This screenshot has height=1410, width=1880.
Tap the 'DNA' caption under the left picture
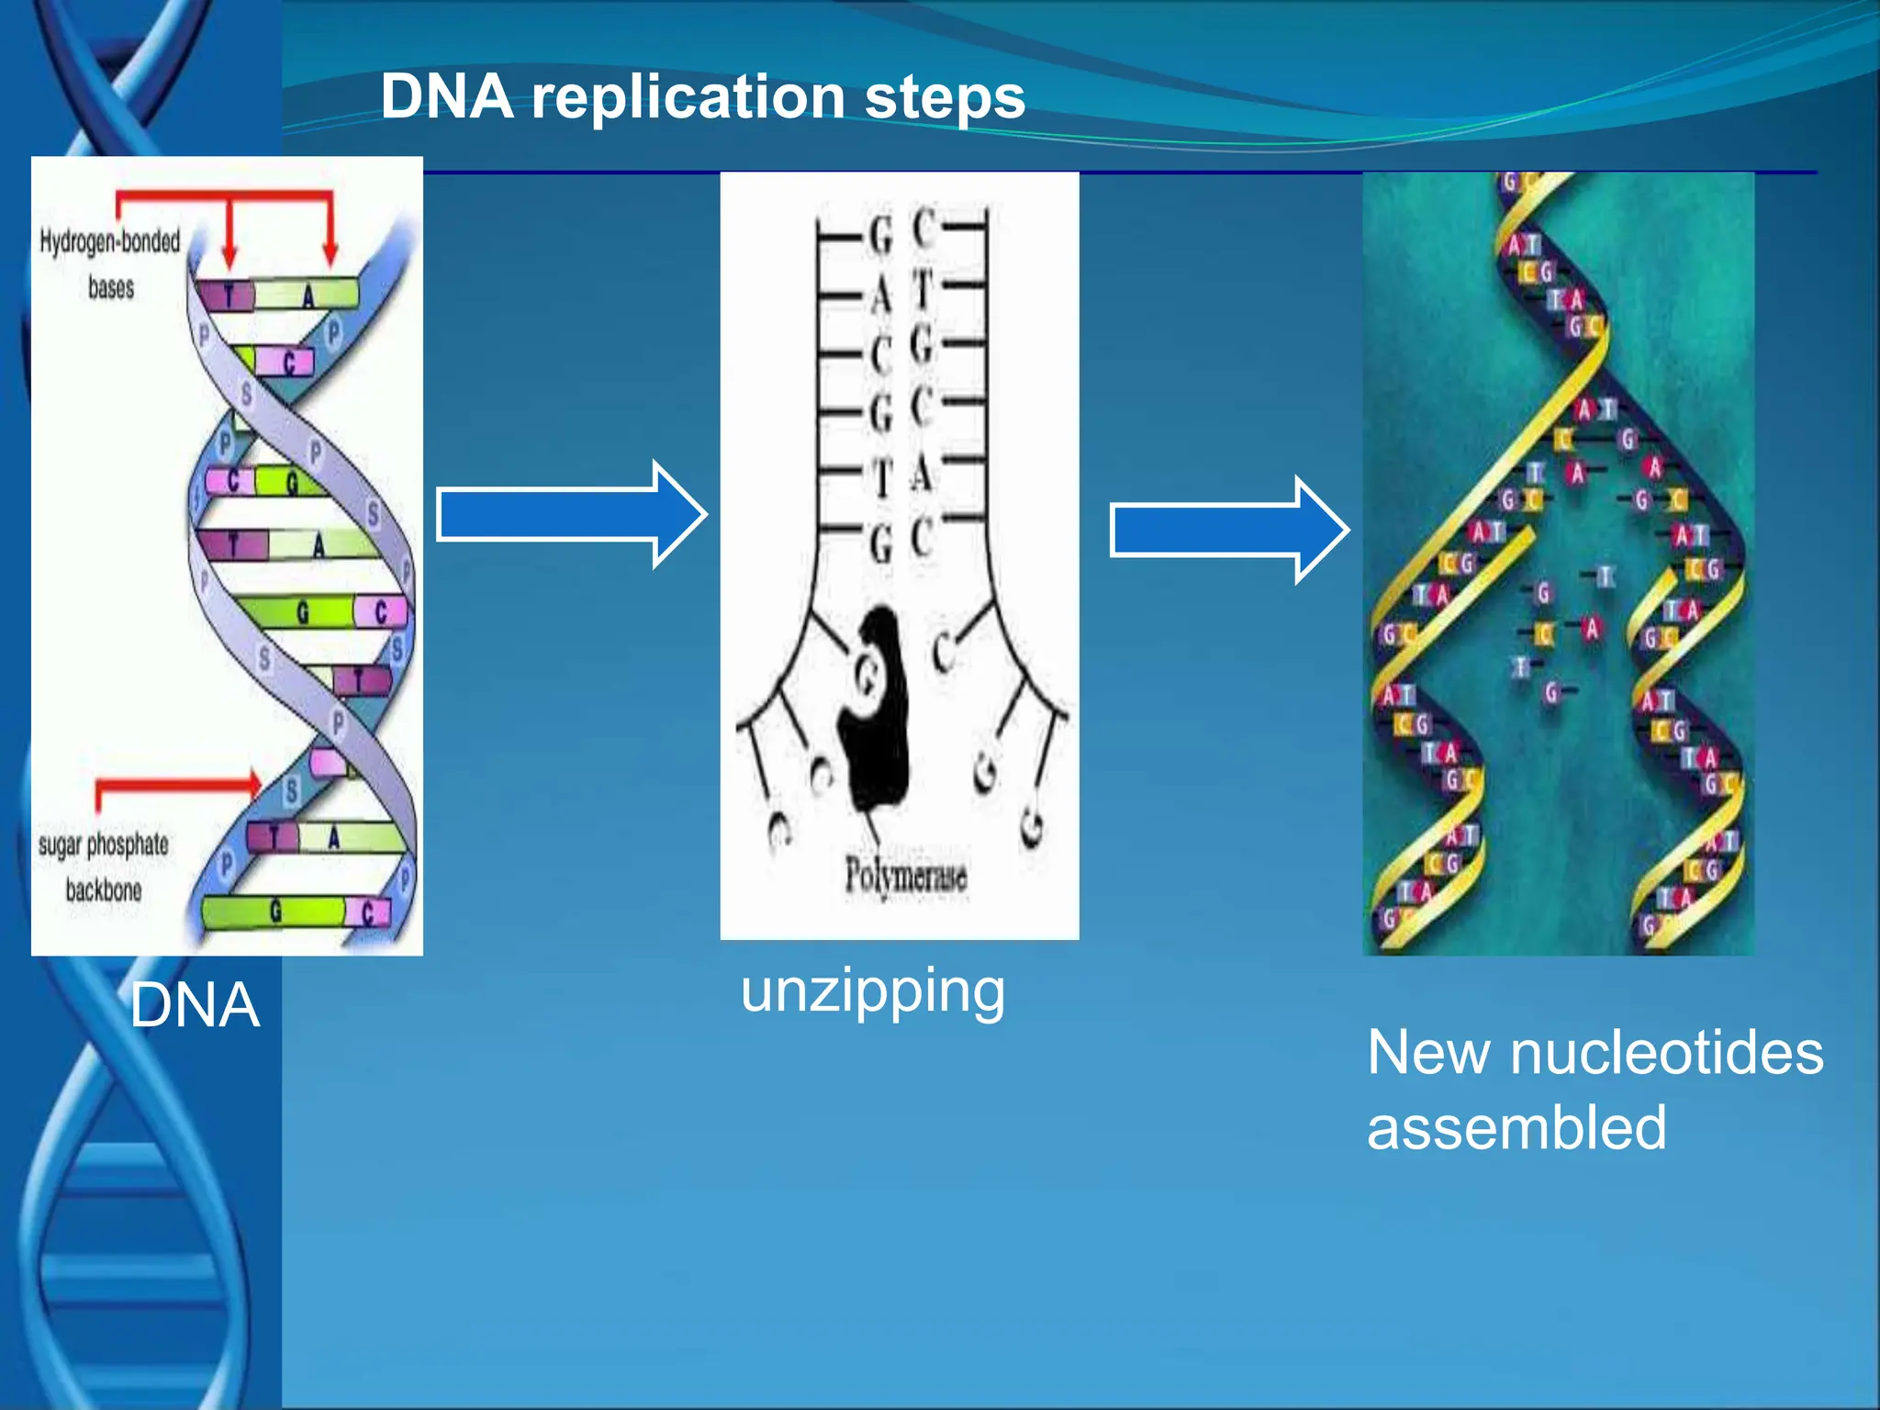tap(195, 1005)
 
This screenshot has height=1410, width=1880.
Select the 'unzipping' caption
tap(872, 991)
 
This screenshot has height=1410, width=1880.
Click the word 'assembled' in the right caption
tap(1516, 1127)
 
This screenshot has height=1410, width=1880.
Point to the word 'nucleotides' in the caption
tap(1666, 1052)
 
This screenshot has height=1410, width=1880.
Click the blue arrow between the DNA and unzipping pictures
tap(569, 515)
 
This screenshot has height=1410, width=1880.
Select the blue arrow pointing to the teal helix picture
tap(1227, 530)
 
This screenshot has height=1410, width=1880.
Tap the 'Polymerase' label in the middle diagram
tap(905, 875)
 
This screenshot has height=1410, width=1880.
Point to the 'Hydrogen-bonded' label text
tap(110, 241)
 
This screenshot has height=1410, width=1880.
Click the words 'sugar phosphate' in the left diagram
tap(103, 845)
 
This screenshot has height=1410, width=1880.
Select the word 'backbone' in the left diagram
tap(103, 890)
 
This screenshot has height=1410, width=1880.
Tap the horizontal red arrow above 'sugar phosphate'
tap(179, 783)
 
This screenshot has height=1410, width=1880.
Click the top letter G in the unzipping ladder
tap(880, 237)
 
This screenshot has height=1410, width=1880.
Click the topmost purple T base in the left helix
tap(228, 296)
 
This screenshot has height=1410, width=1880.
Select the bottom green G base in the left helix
tap(274, 911)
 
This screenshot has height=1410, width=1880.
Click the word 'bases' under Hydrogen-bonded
tap(111, 288)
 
